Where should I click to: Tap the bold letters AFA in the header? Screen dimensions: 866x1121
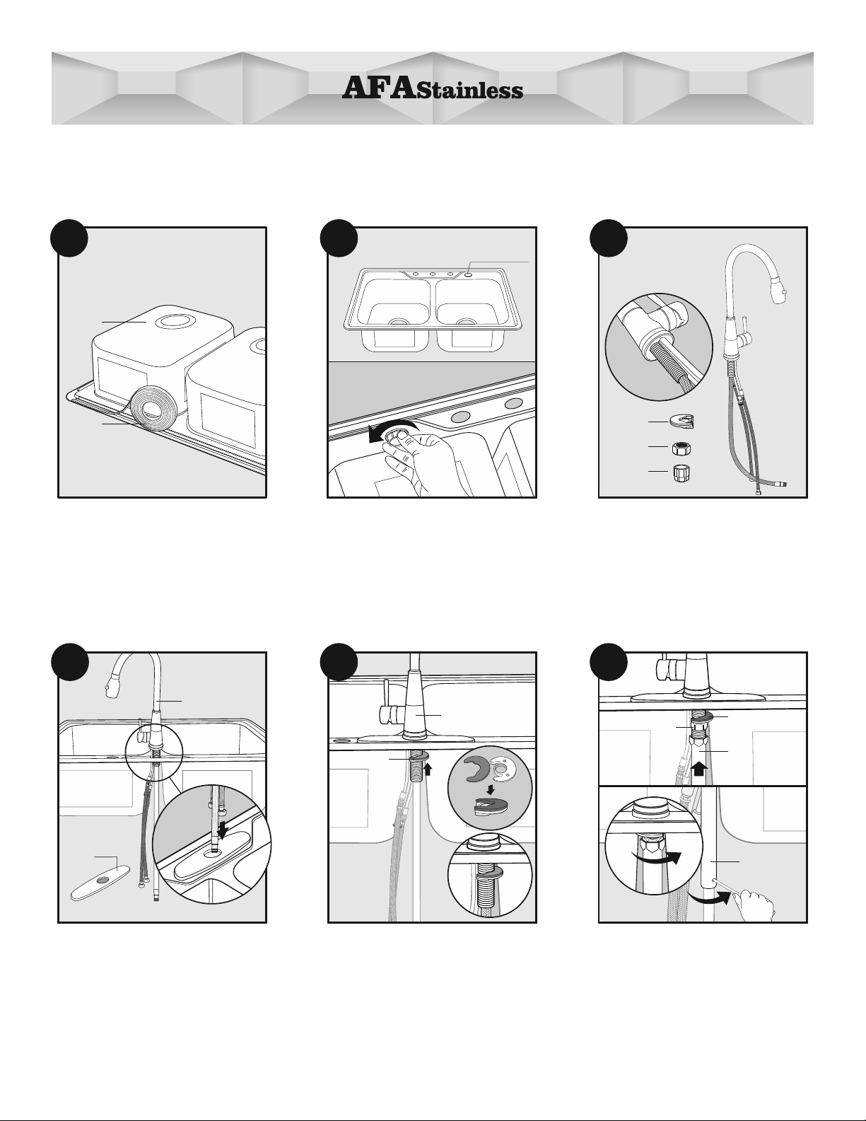click(379, 87)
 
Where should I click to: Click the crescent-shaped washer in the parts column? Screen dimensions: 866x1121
click(684, 421)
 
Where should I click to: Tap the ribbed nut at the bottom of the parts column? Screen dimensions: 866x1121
click(682, 472)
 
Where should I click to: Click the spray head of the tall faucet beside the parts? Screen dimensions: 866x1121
click(778, 294)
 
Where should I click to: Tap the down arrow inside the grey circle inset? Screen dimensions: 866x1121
click(491, 790)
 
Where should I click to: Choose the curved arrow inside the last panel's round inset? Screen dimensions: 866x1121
click(657, 857)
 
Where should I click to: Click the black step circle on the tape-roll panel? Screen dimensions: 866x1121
click(69, 238)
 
